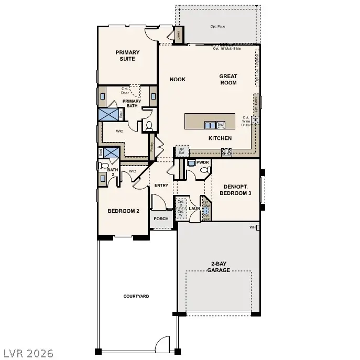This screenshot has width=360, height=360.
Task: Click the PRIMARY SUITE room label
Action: tap(127, 56)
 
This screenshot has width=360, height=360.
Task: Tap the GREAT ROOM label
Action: tap(228, 79)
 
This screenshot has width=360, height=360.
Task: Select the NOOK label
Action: tap(178, 80)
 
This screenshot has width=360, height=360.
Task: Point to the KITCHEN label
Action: tap(220, 138)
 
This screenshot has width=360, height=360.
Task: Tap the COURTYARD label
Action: tap(136, 296)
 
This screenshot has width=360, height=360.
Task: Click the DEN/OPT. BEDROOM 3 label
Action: tap(235, 190)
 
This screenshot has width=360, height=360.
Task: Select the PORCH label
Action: tap(161, 219)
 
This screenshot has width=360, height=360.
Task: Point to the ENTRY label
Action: tap(161, 186)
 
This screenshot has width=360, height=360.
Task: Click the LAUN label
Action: tap(195, 209)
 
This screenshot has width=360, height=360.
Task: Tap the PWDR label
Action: tap(203, 162)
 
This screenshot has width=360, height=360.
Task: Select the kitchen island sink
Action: tap(210, 125)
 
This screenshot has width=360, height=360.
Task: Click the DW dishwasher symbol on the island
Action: tap(221, 125)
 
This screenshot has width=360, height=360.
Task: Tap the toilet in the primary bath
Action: tap(149, 126)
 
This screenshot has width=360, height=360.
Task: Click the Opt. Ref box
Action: tap(182, 151)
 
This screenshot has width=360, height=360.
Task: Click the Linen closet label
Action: tap(179, 36)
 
